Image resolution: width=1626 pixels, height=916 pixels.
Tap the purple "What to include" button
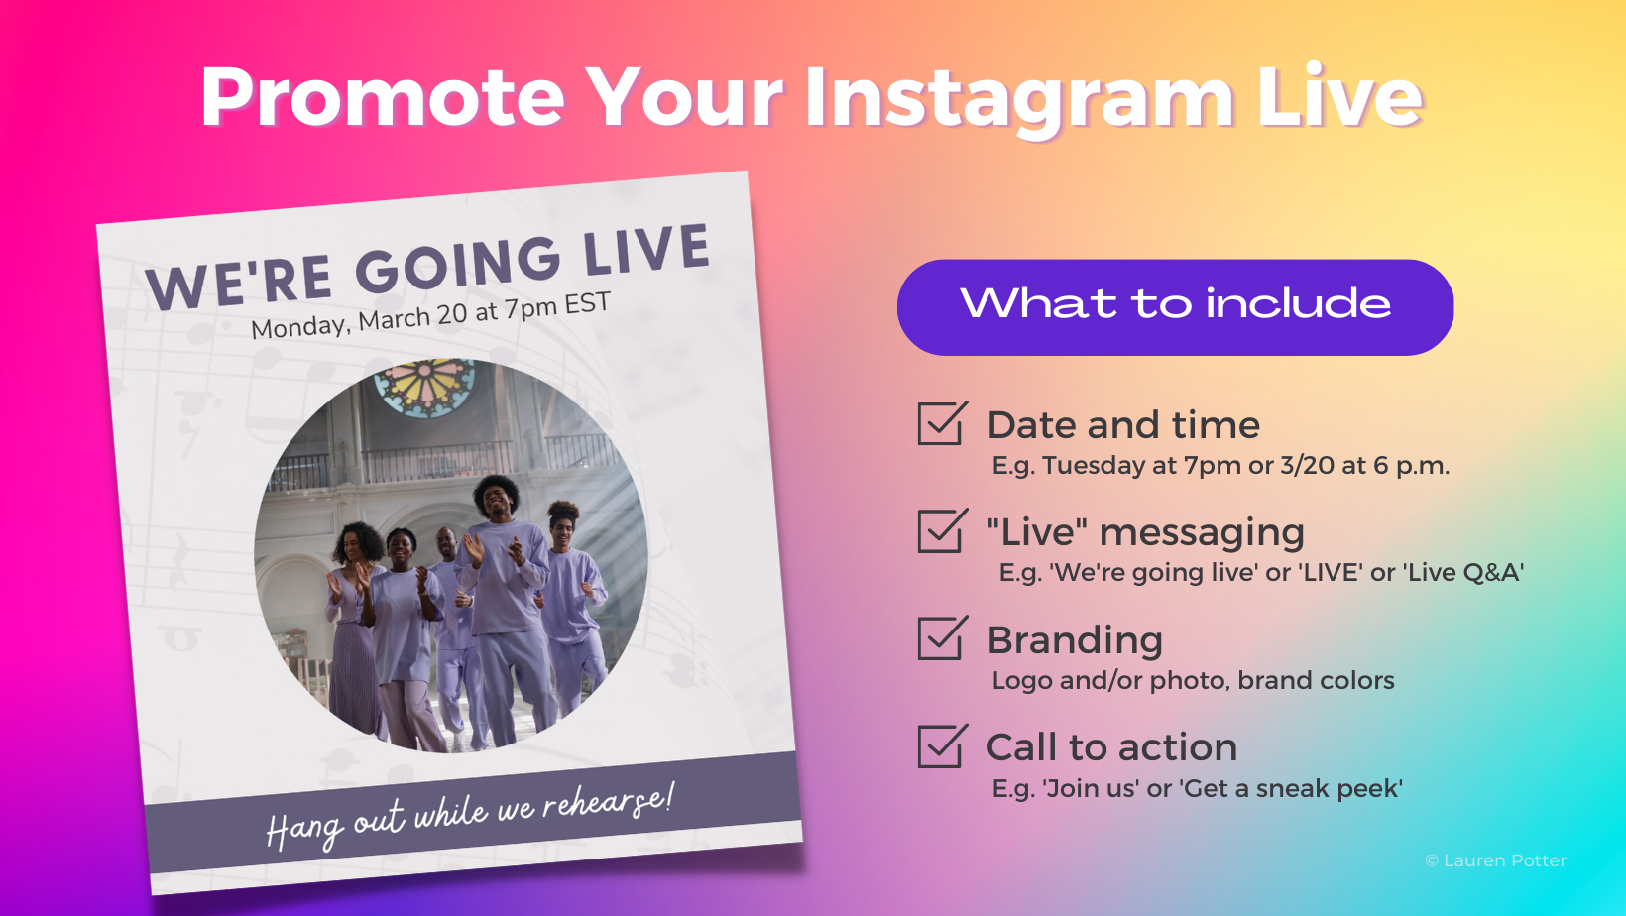coord(1175,307)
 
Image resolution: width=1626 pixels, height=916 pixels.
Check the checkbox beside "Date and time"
coord(942,423)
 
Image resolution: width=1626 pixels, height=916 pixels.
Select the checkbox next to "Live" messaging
coord(942,530)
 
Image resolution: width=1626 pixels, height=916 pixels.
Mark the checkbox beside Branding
coord(942,638)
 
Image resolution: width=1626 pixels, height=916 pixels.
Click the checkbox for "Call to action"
coord(942,746)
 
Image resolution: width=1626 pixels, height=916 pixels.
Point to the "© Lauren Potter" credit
coord(1495,860)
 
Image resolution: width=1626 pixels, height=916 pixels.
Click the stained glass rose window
coord(424,389)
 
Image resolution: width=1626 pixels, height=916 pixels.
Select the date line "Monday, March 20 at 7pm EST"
coord(430,315)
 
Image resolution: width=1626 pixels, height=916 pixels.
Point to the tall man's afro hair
coord(497,492)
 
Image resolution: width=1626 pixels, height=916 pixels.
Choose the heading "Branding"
coord(1075,640)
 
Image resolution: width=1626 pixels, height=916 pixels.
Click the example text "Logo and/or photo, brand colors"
coord(1193,681)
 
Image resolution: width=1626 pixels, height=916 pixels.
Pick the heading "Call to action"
coord(1111,747)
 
